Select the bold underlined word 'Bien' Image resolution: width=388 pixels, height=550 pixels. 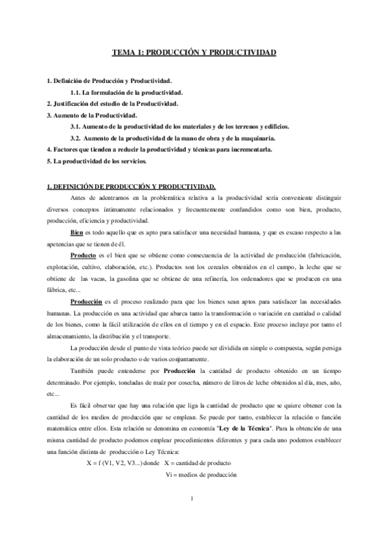77,232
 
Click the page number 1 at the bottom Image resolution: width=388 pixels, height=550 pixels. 193,516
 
